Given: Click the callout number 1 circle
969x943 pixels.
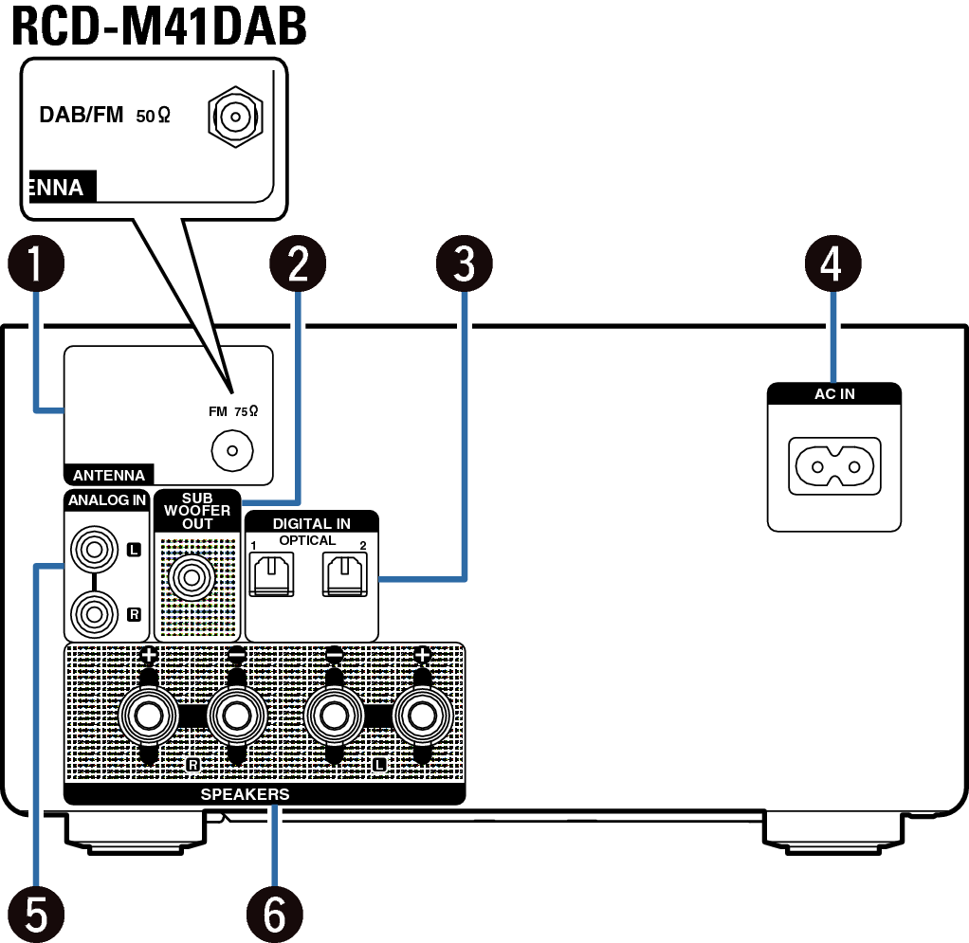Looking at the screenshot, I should (35, 265).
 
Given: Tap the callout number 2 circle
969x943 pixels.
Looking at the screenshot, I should (298, 265).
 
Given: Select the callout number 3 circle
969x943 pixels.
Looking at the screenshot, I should (464, 265).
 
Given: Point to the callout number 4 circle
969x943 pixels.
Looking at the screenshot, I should (832, 265).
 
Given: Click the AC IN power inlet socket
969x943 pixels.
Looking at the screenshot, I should (833, 466).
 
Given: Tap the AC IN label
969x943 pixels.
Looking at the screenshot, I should (833, 394).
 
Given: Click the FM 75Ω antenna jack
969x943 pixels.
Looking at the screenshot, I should (227, 450).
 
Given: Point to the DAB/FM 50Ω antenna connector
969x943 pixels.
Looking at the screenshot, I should (231, 118).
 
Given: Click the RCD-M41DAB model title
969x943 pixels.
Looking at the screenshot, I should (159, 27).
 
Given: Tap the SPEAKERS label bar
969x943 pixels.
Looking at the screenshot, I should (245, 794).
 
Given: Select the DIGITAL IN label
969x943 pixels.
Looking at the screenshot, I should (311, 522).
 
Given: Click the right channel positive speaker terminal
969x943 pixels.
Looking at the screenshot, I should (148, 716).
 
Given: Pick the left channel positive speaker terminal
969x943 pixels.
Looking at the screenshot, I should (423, 716).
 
